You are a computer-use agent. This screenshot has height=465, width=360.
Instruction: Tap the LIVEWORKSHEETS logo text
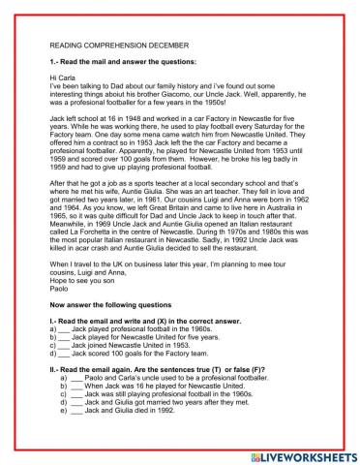294,451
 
